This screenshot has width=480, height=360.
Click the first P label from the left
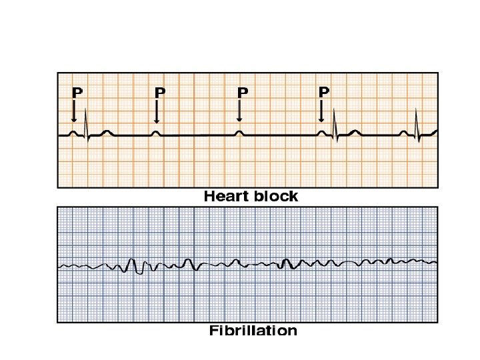pos(77,93)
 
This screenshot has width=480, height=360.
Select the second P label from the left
pos(159,93)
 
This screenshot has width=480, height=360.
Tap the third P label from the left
pos(242,93)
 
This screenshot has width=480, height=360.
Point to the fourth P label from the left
pos(324,91)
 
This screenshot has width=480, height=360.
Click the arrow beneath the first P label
pos(74,111)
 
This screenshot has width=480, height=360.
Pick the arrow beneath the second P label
pos(156,111)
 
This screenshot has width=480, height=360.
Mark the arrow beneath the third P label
pos(239,111)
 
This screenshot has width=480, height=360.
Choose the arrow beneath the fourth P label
pos(321,111)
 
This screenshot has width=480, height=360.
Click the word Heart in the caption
pos(225,197)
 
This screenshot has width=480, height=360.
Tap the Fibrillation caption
pos(253,331)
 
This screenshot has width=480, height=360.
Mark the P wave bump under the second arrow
pos(156,133)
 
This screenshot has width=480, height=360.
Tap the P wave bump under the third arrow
pos(239,133)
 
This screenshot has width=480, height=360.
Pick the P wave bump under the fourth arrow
pos(321,133)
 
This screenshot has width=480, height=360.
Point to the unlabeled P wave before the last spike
pos(404,133)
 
